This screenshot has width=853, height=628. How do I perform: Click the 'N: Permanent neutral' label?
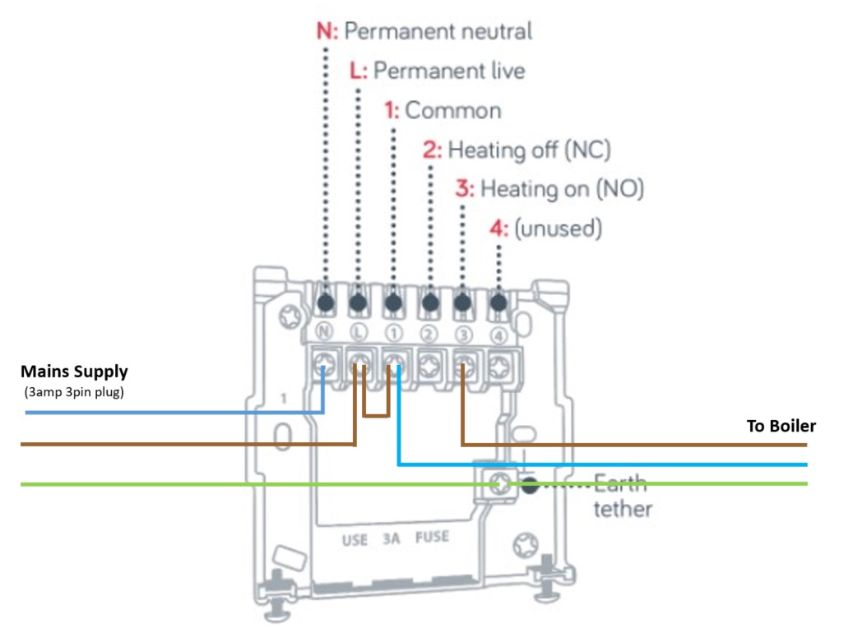point(424,31)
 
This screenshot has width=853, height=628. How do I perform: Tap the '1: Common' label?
point(443,110)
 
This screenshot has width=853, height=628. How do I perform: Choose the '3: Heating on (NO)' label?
point(549,189)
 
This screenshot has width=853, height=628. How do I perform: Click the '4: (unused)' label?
point(549,228)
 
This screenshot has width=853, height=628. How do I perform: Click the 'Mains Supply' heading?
point(74,372)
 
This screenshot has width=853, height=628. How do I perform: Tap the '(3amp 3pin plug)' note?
point(74,391)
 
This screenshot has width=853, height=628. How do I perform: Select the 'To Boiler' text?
point(781,426)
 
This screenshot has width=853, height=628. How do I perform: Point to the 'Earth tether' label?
point(623,496)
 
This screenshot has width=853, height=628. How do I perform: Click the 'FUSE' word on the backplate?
point(432,538)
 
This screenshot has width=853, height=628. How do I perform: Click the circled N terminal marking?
point(325,334)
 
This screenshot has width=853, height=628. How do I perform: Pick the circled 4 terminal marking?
point(498,334)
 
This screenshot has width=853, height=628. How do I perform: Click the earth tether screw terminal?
point(497,485)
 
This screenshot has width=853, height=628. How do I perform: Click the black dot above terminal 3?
point(463,302)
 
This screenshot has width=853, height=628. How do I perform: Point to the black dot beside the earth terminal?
point(531,485)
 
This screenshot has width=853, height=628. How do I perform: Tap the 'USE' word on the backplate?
point(355,540)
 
